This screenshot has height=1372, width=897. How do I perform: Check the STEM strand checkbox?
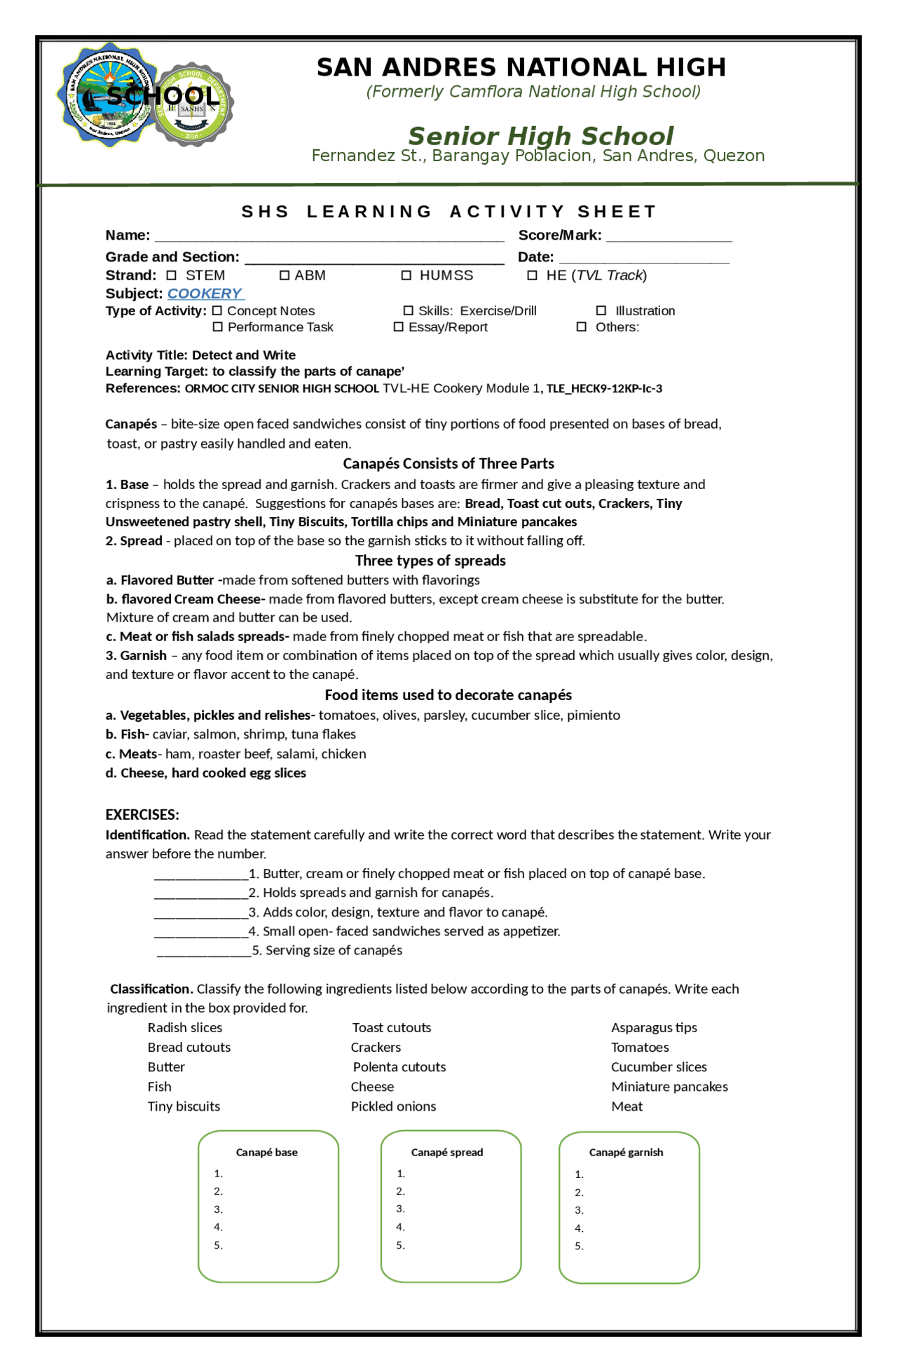click(171, 275)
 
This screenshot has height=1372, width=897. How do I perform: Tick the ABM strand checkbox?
click(285, 275)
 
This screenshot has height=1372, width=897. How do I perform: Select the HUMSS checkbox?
click(406, 275)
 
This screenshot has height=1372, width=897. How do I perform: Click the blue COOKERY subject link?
click(205, 294)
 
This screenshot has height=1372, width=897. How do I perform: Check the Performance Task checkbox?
click(217, 327)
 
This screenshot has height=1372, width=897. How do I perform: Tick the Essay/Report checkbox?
click(398, 327)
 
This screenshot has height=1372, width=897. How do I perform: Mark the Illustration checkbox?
click(601, 310)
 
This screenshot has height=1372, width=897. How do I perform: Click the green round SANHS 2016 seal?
click(192, 105)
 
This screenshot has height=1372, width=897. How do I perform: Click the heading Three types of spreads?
click(430, 561)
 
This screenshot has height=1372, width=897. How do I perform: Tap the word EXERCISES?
click(142, 814)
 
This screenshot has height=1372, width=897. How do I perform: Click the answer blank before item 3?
click(200, 912)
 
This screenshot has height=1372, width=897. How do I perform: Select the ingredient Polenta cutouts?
click(399, 1066)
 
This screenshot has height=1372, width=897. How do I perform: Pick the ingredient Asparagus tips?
click(654, 1027)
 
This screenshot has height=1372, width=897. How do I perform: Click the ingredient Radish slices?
click(185, 1027)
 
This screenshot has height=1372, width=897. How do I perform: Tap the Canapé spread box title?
click(447, 1152)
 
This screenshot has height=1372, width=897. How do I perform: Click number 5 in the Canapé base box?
click(218, 1245)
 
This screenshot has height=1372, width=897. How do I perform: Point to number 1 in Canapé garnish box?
click(579, 1174)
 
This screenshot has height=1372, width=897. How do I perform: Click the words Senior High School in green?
click(540, 135)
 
